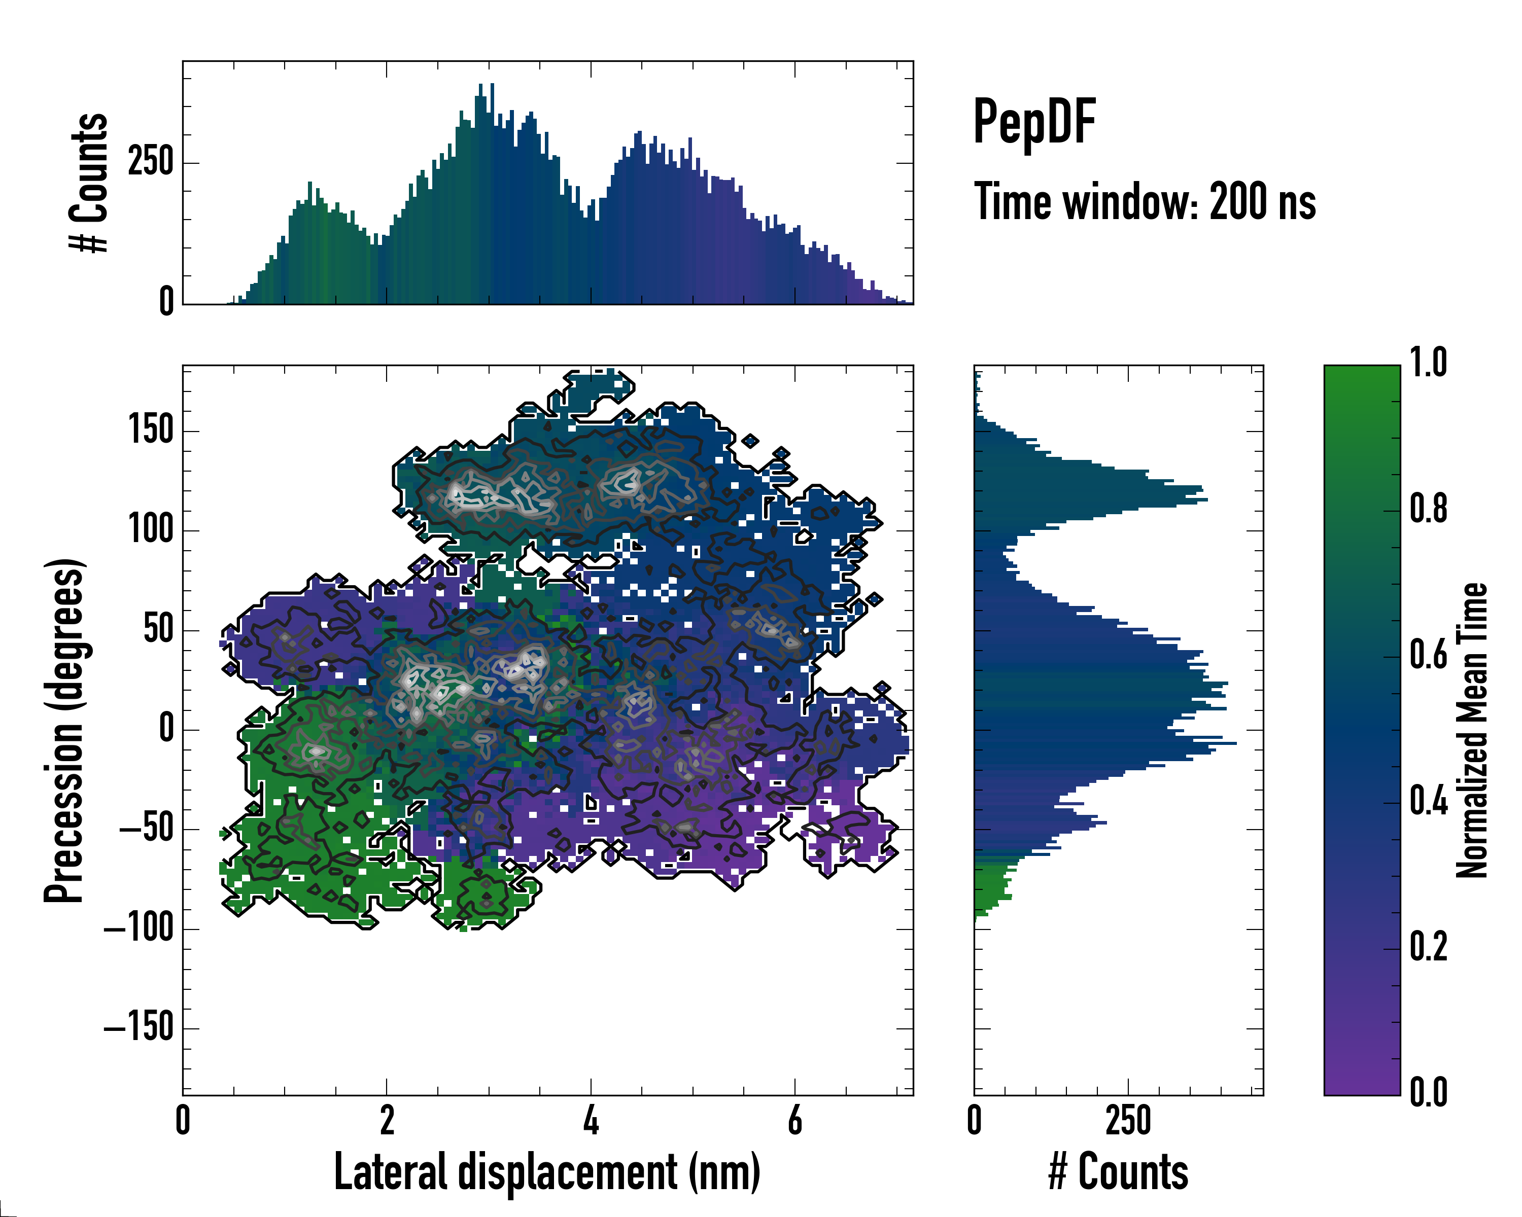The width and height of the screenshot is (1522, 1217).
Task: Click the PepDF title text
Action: (x=1034, y=123)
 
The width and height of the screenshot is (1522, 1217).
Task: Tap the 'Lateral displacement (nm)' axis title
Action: (x=547, y=1172)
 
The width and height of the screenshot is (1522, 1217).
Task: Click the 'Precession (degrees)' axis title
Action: (x=64, y=730)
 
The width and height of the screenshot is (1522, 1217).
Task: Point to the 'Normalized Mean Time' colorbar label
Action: (x=1471, y=730)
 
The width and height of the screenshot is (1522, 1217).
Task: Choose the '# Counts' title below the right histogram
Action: (x=1118, y=1172)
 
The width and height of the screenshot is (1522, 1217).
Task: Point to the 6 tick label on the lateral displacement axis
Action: (x=795, y=1120)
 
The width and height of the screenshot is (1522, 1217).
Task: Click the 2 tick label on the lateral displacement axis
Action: (x=387, y=1120)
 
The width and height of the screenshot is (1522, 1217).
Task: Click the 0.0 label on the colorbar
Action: (x=1428, y=1092)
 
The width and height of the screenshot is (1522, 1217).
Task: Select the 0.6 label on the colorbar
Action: (x=1428, y=655)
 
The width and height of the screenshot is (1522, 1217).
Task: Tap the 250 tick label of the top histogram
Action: (x=150, y=162)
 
